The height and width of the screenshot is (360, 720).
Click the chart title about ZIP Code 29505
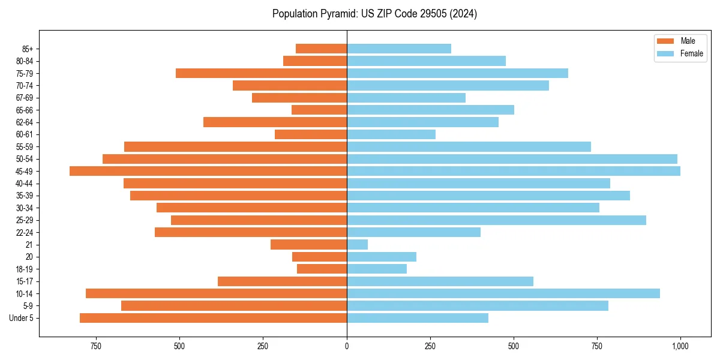[x=374, y=14]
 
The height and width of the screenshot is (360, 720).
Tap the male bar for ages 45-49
[x=208, y=171]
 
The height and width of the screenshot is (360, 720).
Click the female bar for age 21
[x=357, y=245]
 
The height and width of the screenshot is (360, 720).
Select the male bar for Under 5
[x=213, y=318]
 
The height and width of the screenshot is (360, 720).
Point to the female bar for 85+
[x=399, y=49]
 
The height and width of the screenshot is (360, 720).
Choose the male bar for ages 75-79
[x=261, y=73]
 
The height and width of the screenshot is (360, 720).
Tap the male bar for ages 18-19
[x=322, y=269]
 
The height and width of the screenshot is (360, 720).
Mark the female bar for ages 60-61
[x=391, y=134]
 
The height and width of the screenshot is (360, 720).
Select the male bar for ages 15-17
[x=282, y=281]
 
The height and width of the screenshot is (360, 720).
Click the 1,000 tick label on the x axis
[x=680, y=346]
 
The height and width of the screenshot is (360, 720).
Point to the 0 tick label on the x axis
[x=347, y=346]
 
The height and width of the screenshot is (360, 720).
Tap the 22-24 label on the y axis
[x=25, y=233]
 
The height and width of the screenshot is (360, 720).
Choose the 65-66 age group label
[x=25, y=110]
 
